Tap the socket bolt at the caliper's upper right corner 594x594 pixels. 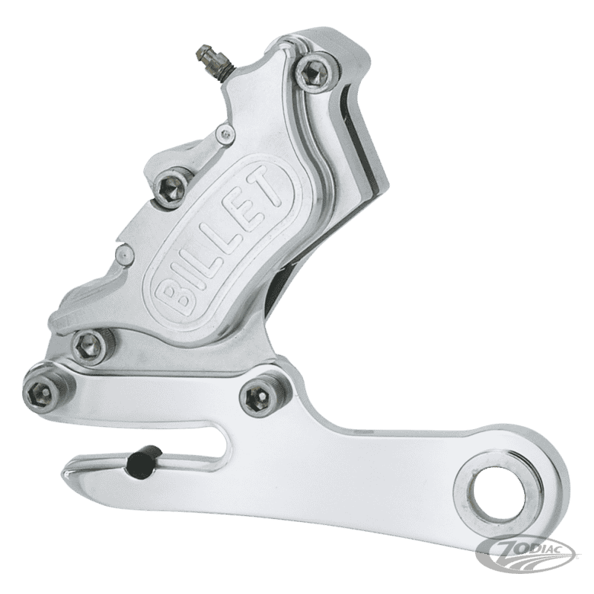[x=312, y=72]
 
